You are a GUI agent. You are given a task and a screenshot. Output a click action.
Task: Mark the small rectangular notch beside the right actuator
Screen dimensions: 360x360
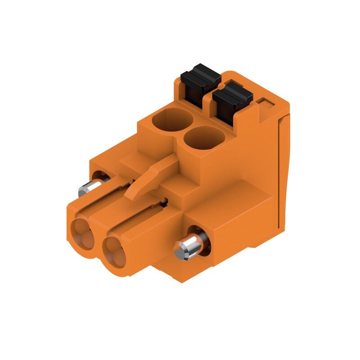click(x=266, y=104)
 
